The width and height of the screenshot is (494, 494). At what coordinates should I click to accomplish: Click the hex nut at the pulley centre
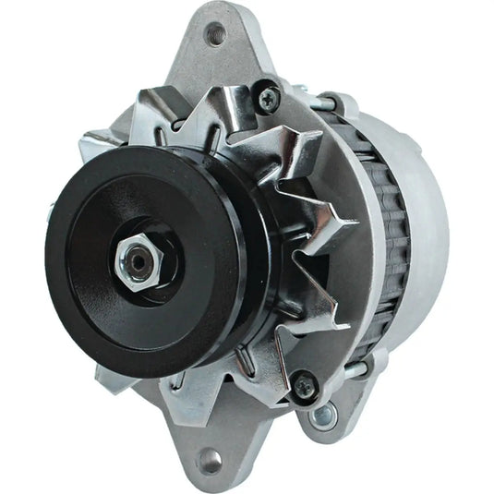137,265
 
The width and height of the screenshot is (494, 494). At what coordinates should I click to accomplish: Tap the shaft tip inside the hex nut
138,264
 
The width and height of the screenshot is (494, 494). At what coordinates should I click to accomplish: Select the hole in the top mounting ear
217,37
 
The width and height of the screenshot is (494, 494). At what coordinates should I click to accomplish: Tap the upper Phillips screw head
267,95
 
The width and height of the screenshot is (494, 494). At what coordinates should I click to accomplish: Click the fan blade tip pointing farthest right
355,222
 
